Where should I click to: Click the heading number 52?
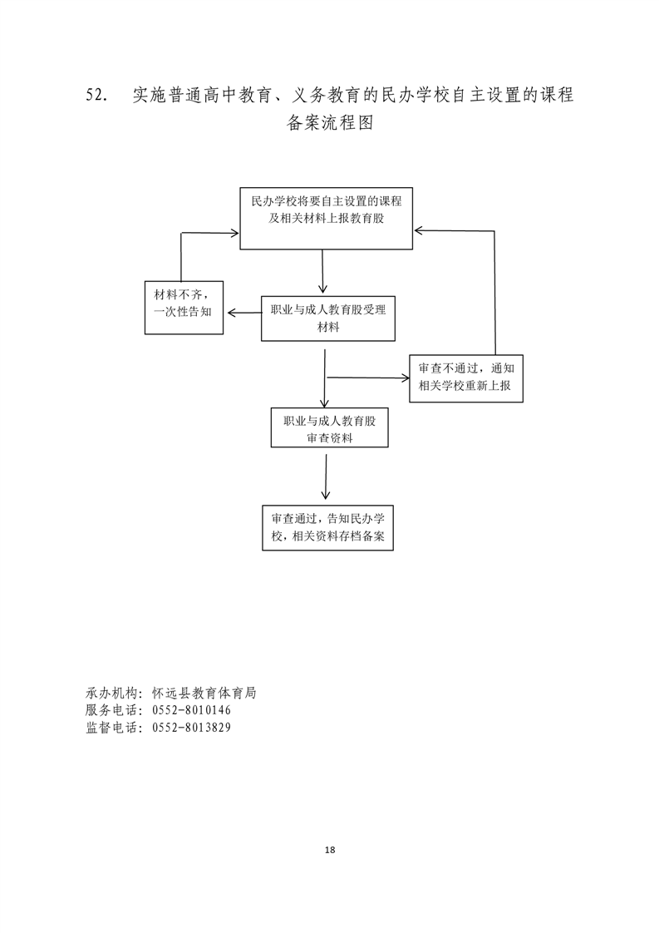(x=96, y=95)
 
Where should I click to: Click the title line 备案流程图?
(x=330, y=122)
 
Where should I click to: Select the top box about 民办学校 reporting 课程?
(x=326, y=219)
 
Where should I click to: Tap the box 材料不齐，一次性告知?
(x=184, y=308)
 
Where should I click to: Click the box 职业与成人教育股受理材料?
(x=327, y=318)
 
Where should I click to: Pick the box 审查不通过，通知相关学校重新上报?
(x=465, y=378)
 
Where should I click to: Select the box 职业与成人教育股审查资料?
(x=329, y=427)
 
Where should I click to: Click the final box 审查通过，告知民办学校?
(x=327, y=528)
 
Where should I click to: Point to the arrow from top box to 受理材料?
(x=322, y=271)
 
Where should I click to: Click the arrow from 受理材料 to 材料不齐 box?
(x=244, y=313)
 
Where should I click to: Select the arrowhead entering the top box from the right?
(x=419, y=230)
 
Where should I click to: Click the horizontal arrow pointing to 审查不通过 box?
(x=368, y=378)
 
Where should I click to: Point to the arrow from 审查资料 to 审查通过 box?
(x=325, y=477)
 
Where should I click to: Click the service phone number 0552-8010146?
(x=191, y=710)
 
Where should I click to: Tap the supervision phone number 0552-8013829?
(x=191, y=727)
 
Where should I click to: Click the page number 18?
(x=330, y=850)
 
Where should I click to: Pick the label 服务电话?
(x=111, y=710)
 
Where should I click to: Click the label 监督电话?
(x=111, y=727)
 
